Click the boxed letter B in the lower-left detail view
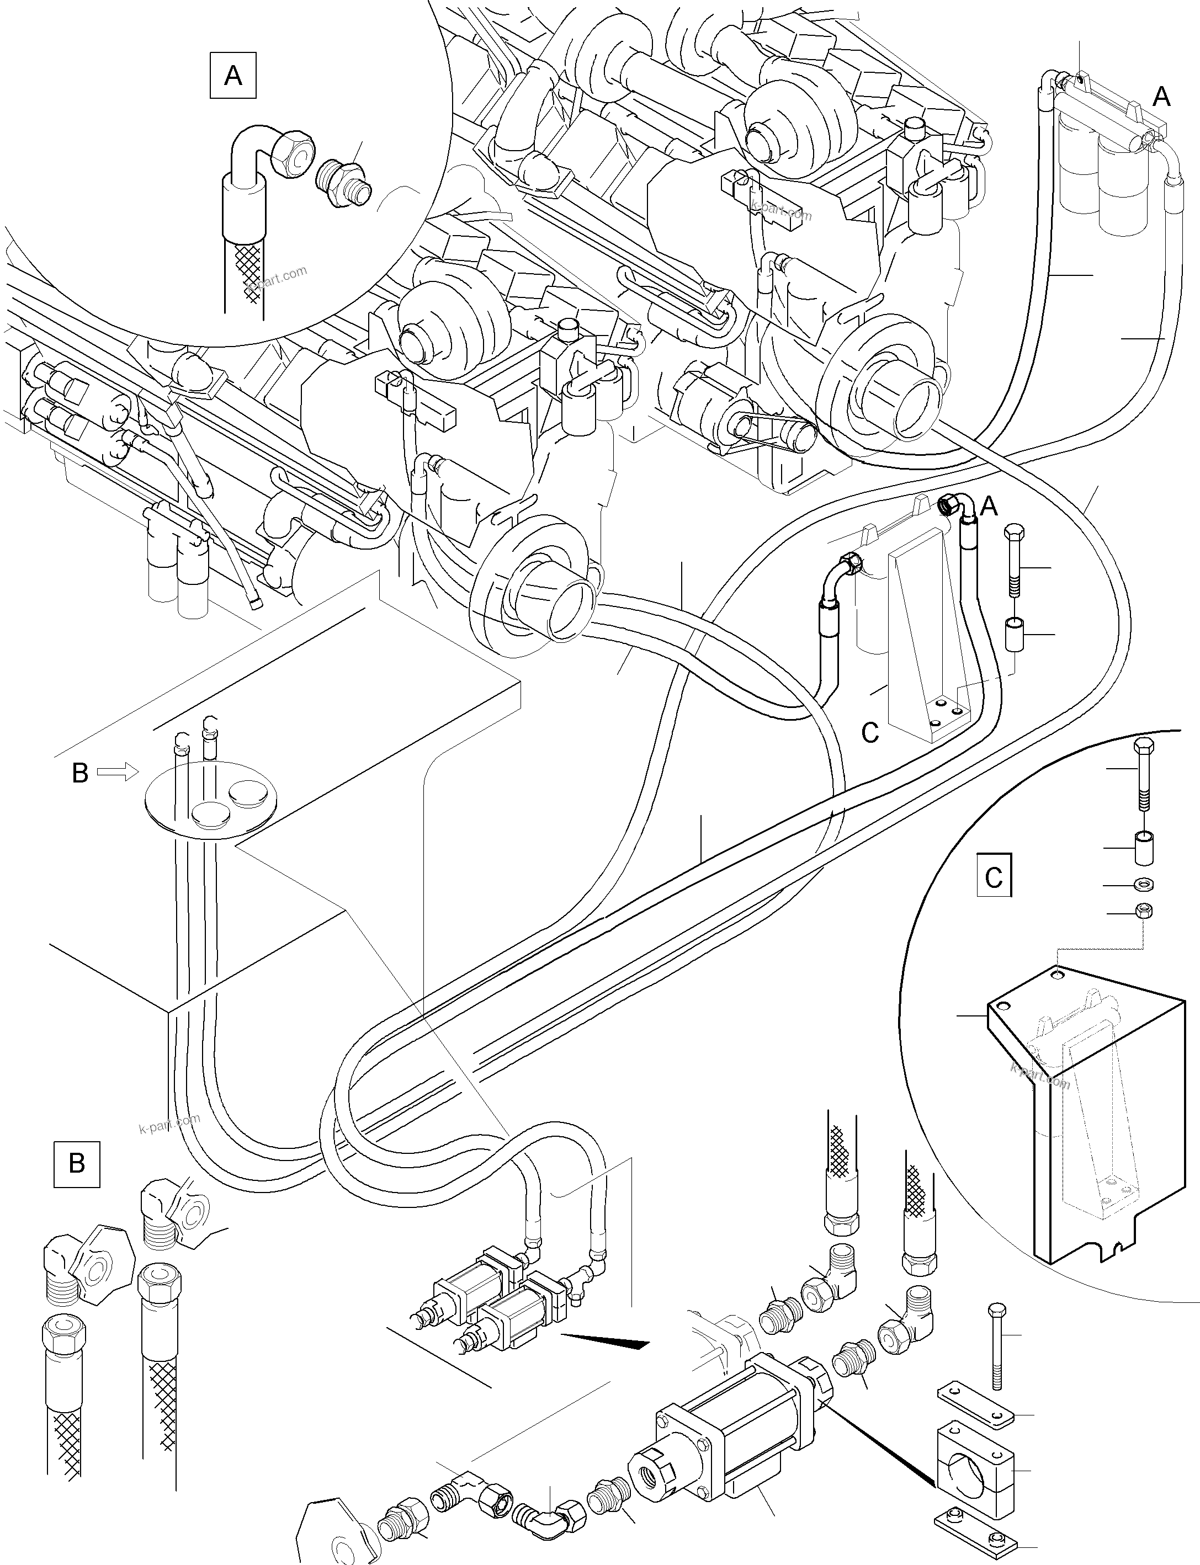pos(76,1163)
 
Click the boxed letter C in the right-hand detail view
pos(994,877)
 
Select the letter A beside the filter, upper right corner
pos(1161,97)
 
